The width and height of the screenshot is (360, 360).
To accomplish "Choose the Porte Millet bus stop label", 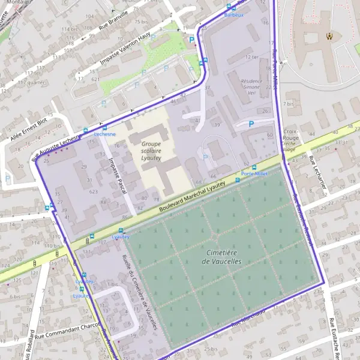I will pyautogui.click(x=254, y=173).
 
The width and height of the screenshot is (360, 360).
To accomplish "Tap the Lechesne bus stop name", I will pyautogui.click(x=104, y=134).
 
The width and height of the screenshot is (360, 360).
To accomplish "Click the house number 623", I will pyautogui.click(x=93, y=191).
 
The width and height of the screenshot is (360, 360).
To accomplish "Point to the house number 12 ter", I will pyautogui.click(x=250, y=57).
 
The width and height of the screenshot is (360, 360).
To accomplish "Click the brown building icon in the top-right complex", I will pyautogui.click(x=328, y=35).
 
